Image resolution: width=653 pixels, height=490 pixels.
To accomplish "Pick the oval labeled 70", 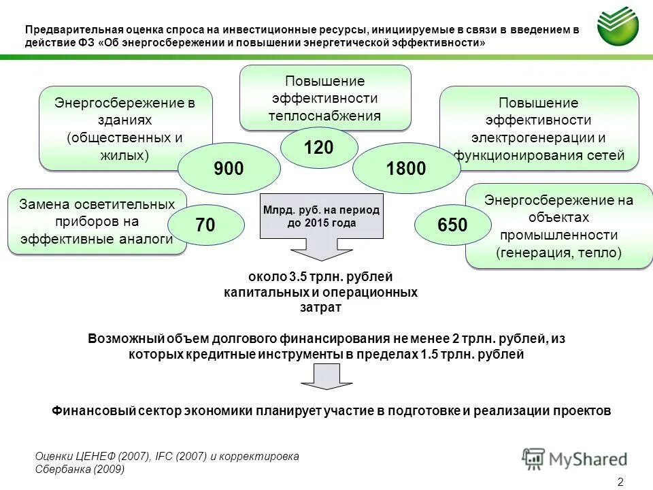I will pos(206,225).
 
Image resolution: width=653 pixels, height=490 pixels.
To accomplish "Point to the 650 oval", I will pos(452,225).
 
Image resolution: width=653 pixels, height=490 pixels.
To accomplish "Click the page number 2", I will pos(620,482).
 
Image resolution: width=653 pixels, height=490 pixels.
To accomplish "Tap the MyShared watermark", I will pos(575,459).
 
